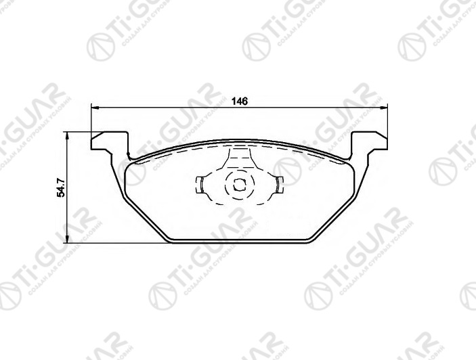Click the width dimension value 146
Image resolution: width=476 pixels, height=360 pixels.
(239, 101)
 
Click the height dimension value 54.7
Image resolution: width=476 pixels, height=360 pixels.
(60, 187)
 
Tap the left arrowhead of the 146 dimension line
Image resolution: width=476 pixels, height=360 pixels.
(95, 108)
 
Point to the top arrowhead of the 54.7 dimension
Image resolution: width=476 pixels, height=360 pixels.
(67, 135)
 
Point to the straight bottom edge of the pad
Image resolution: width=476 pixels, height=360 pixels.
(240, 241)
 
